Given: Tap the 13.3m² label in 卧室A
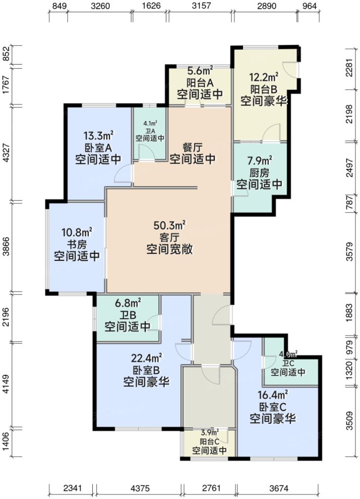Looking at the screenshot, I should [x=98, y=135].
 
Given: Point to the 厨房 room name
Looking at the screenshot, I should [x=259, y=173].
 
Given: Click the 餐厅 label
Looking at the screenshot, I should [x=192, y=147].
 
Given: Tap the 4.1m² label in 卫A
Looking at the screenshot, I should [x=150, y=123].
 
